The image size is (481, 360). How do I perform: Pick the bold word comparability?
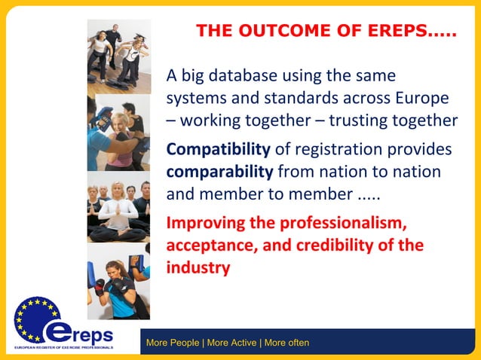click(219, 171)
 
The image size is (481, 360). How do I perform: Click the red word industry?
click(198, 267)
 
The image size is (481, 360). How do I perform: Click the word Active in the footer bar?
click(240, 343)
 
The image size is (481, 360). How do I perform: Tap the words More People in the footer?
click(173, 343)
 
